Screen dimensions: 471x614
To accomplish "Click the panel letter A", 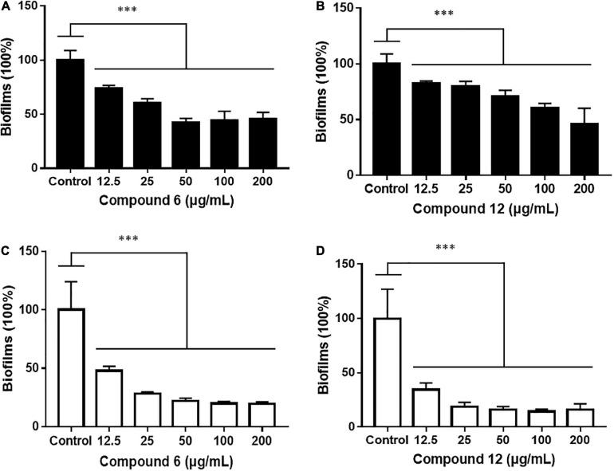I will click(6, 6).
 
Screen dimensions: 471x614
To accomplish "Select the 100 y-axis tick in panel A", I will click(33, 61).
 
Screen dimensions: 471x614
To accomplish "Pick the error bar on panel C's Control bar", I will click(71, 293).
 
